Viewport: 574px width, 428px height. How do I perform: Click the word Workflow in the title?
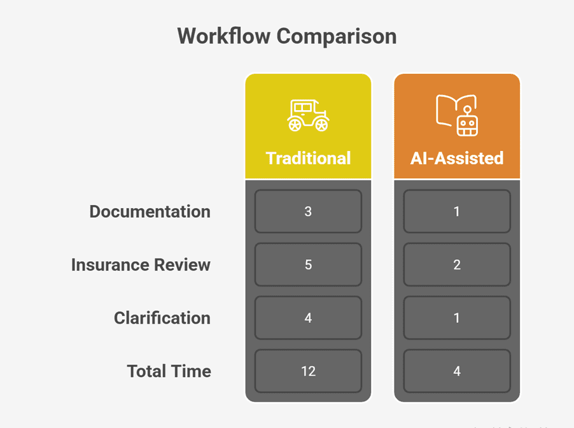pos(223,36)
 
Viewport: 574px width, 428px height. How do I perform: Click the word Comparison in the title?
pos(337,37)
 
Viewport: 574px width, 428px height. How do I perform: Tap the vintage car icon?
pos(308,115)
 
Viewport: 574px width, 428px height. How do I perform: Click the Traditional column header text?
pos(308,159)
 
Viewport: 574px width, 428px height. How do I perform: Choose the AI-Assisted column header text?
pos(457,159)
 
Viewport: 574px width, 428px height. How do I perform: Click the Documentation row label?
pos(150,211)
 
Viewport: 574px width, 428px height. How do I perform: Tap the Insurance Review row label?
pos(141,264)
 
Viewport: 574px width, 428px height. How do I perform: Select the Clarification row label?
pos(162,318)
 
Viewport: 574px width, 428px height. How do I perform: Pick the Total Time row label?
pos(169,371)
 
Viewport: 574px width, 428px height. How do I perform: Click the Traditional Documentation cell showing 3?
pos(308,211)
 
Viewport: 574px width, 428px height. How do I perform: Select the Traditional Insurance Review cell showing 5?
pos(308,264)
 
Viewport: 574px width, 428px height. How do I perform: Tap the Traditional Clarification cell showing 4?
pos(308,318)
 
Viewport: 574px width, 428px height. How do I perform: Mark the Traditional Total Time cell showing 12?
pos(308,371)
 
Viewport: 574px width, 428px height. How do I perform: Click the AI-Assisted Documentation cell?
pos(457,211)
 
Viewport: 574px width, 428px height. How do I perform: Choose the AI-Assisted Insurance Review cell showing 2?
pos(457,264)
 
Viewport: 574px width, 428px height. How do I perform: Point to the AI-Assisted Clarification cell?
pos(457,318)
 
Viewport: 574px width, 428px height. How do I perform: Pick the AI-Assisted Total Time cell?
pos(457,371)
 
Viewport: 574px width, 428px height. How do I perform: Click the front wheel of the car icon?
pos(322,125)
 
